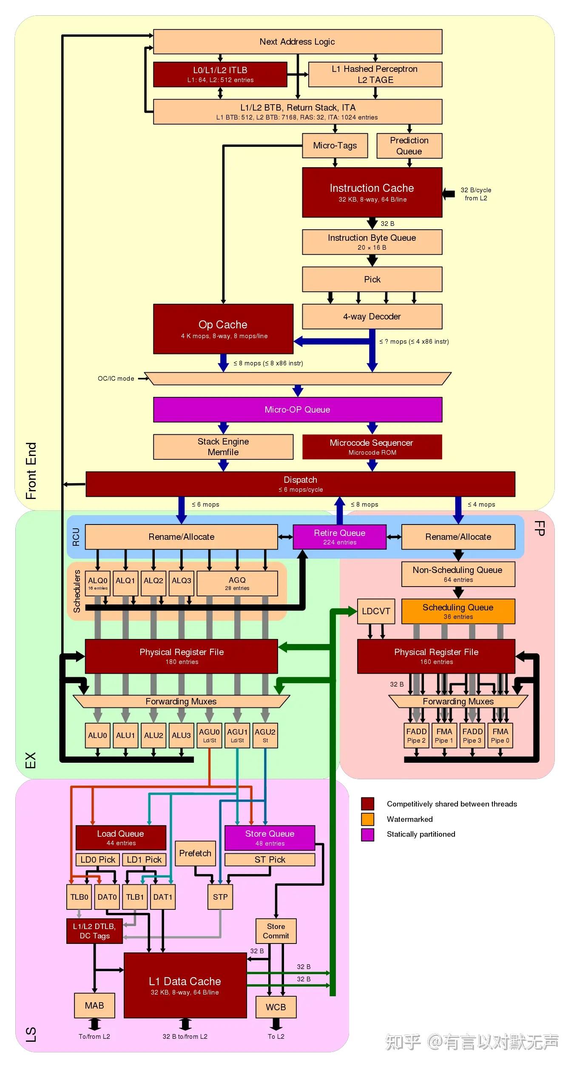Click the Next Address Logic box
point(297,42)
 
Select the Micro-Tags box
point(335,145)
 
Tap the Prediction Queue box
point(409,145)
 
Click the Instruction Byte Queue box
point(372,242)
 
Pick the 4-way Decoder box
point(372,316)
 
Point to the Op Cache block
point(223,329)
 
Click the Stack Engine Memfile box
point(223,447)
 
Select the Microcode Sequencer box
point(372,447)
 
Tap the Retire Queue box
point(339,537)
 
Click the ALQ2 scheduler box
point(153,583)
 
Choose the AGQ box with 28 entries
point(237,583)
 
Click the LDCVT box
point(376,611)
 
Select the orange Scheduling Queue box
point(458,611)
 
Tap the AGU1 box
point(237,735)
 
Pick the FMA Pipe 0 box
point(500,735)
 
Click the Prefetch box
point(195,853)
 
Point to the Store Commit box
point(276,931)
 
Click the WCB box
point(276,1007)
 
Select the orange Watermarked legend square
point(367,819)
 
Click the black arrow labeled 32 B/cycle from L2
point(449,194)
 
